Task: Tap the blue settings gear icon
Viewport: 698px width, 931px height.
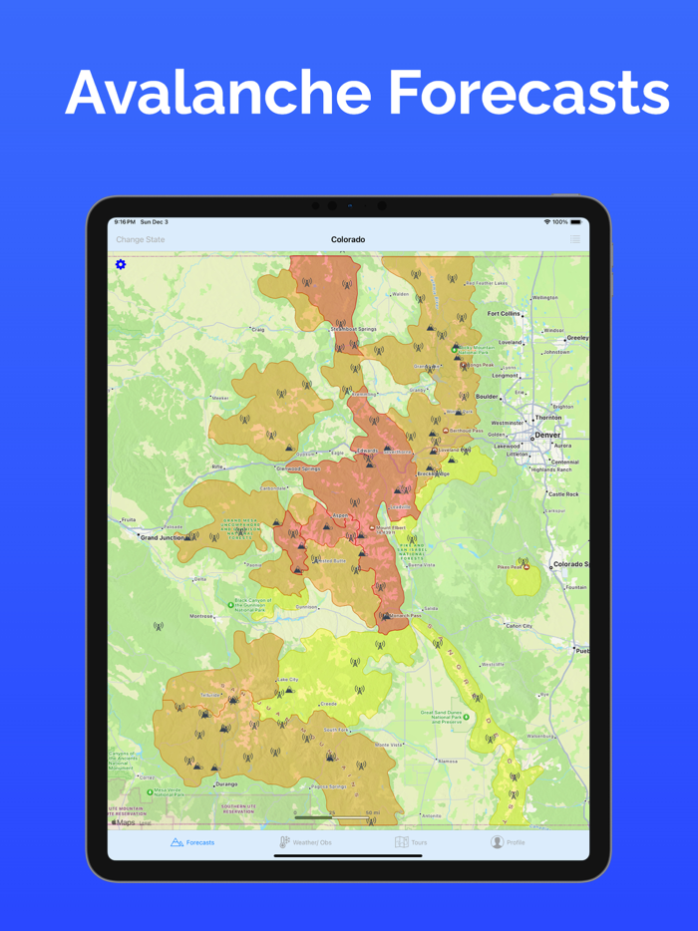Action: point(121,264)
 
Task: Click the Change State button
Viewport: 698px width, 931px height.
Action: point(141,240)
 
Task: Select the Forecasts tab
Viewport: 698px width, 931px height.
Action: point(193,842)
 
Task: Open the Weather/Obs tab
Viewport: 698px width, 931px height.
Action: point(306,842)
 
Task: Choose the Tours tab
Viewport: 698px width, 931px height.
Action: point(411,842)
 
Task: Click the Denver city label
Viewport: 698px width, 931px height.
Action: point(547,436)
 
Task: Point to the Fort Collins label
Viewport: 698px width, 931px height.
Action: point(504,314)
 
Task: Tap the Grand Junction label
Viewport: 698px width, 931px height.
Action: point(163,537)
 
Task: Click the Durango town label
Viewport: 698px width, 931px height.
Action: point(226,784)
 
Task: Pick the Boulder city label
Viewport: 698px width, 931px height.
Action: point(487,397)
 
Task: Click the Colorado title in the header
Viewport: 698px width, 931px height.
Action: point(348,240)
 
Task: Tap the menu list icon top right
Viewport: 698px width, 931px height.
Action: point(575,240)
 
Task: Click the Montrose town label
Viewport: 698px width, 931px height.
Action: point(202,616)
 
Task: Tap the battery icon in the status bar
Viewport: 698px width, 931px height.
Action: point(575,222)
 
